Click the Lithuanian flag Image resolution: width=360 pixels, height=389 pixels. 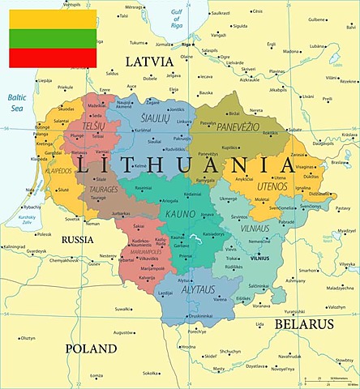53,38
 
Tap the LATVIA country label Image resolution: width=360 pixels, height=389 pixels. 148,62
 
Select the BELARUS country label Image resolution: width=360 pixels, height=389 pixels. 304,323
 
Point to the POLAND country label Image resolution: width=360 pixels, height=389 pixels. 92,348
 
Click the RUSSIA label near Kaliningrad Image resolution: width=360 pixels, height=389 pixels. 78,239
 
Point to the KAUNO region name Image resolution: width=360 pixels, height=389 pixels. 180,213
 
